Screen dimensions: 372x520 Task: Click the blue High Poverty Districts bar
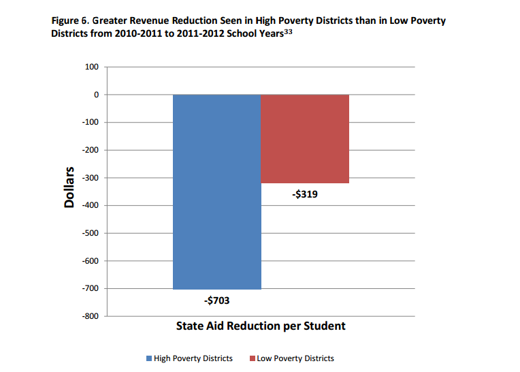(217, 191)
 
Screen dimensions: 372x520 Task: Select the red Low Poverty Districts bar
(305, 139)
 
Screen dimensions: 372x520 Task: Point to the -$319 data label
(304, 194)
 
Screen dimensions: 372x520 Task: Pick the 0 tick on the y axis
(96, 95)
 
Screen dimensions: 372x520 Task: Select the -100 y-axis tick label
(91, 122)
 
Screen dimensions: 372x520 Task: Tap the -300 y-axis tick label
(91, 178)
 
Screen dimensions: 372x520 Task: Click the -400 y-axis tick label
(91, 205)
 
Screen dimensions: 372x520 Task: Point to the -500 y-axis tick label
(91, 233)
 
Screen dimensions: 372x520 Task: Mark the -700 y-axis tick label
(91, 288)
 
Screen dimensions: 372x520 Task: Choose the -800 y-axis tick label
(91, 316)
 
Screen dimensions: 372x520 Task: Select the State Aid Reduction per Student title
(261, 326)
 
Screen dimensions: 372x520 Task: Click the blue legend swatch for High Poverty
(149, 358)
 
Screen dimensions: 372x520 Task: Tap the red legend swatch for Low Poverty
(252, 358)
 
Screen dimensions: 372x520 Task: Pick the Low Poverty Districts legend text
(295, 358)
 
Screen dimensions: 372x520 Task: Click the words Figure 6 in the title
(71, 20)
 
